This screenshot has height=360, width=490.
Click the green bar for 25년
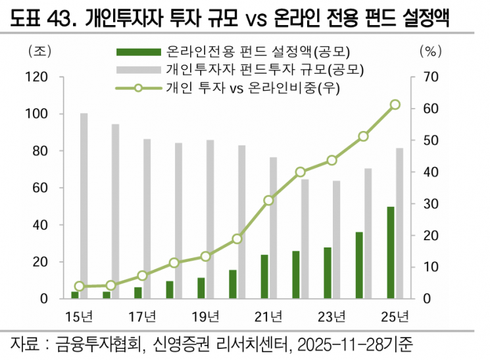pyautogui.click(x=391, y=253)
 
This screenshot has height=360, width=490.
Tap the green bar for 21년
pyautogui.click(x=264, y=276)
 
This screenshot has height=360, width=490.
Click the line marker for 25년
pyautogui.click(x=395, y=105)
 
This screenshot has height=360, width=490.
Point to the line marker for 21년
pyautogui.click(x=268, y=200)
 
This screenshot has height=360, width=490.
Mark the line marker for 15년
pyautogui.click(x=80, y=286)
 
